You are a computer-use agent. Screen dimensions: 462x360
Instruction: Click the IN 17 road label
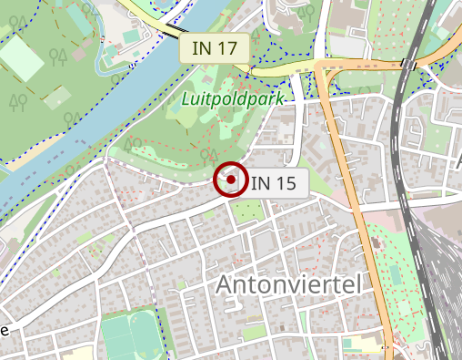click(x=215, y=48)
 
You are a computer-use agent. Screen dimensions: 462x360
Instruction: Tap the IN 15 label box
click(x=274, y=182)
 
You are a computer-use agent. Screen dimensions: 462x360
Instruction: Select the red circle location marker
click(x=231, y=180)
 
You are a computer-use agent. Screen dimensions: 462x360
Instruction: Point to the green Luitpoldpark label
click(x=233, y=98)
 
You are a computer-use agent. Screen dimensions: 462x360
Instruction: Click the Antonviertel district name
click(x=288, y=285)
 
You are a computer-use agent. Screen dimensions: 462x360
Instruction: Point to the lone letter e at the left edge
click(x=5, y=330)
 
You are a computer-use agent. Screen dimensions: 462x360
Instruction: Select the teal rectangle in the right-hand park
click(x=396, y=274)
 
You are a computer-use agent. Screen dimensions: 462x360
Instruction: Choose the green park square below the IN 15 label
click(x=246, y=211)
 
